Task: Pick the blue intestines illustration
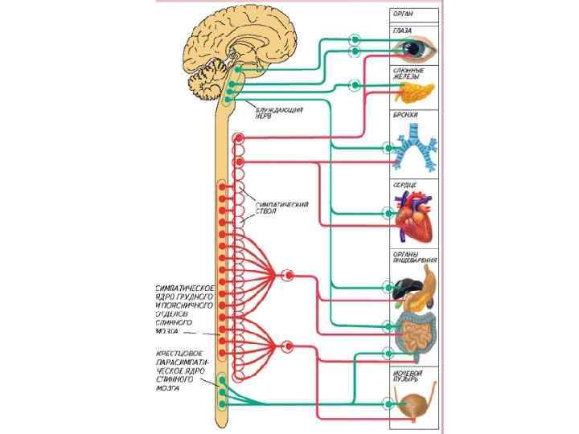(x=415, y=331)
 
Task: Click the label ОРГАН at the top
(x=404, y=14)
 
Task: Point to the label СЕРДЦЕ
(x=404, y=184)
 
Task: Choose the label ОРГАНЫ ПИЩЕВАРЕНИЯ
(x=415, y=258)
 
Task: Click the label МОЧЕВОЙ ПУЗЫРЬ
(x=409, y=375)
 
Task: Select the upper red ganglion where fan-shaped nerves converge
(x=288, y=275)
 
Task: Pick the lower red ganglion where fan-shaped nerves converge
(x=288, y=346)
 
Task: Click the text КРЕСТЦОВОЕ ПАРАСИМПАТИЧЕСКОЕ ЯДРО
(x=183, y=370)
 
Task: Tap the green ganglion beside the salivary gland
(x=355, y=84)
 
